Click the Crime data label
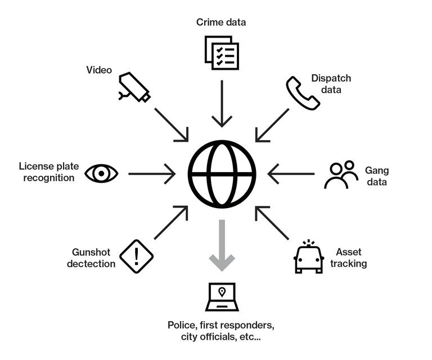pyautogui.click(x=221, y=22)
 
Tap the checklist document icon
pyautogui.click(x=221, y=53)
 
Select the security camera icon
pyautogui.click(x=134, y=87)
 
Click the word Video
pyautogui.click(x=99, y=70)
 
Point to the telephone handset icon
pyautogui.click(x=303, y=93)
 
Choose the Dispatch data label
pyautogui.click(x=331, y=84)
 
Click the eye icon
pyautogui.click(x=101, y=173)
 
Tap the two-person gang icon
pyautogui.click(x=341, y=174)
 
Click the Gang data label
pyautogui.click(x=377, y=176)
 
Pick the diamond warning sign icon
pyautogui.click(x=137, y=256)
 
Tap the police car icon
pyautogui.click(x=309, y=257)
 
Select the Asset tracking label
pyautogui.click(x=349, y=258)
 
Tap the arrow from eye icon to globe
pyautogui.click(x=152, y=174)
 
